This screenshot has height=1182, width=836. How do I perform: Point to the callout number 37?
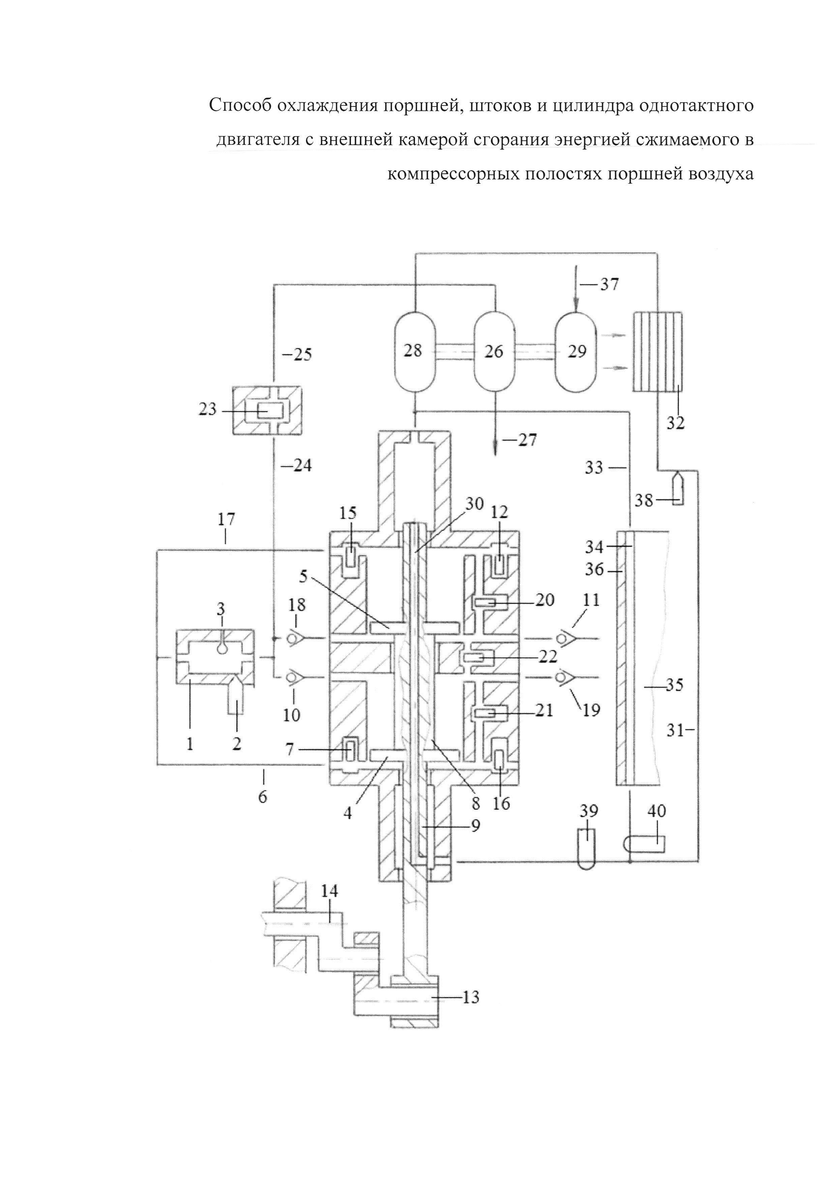[x=609, y=284]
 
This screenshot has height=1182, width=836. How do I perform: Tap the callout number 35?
[x=674, y=685]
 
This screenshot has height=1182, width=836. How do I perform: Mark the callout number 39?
[x=588, y=811]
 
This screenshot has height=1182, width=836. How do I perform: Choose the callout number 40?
[x=656, y=811]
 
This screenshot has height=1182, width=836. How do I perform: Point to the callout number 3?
[x=221, y=609]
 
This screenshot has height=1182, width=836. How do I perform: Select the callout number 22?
[x=546, y=656]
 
